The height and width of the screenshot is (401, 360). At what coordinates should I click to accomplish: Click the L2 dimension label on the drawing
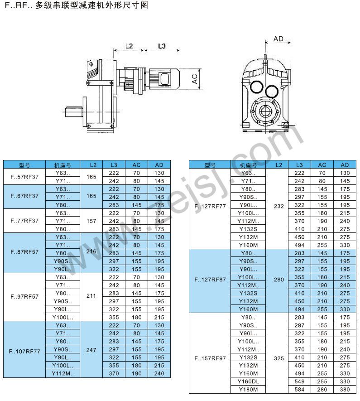click(x=129, y=46)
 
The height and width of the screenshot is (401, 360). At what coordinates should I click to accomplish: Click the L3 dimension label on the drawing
click(x=161, y=46)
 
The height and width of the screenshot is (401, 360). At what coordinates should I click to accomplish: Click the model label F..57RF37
click(x=24, y=176)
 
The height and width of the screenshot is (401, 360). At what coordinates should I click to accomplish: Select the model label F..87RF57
click(x=24, y=253)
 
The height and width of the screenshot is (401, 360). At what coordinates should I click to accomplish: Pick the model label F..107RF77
click(x=24, y=350)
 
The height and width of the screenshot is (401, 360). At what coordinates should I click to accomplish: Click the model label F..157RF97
click(x=210, y=358)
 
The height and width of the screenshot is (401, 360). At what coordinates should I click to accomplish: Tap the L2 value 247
click(x=91, y=350)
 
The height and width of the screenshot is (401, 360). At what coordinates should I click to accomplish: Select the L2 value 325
click(x=278, y=358)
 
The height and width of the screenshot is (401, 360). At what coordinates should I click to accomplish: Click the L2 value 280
click(x=278, y=280)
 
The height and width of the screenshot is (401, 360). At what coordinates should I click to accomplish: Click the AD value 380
click(x=345, y=389)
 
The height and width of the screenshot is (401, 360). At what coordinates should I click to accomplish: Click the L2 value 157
click(x=91, y=221)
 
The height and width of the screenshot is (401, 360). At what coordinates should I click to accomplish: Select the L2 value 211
click(x=91, y=297)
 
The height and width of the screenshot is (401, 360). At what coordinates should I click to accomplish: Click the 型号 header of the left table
click(x=24, y=165)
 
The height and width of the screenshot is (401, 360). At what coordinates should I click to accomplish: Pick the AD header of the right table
click(x=345, y=165)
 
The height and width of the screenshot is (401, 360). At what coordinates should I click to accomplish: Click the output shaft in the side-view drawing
click(x=72, y=110)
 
